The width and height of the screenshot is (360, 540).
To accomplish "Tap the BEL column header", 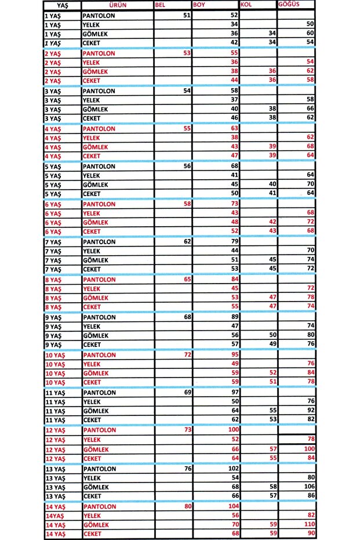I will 161,5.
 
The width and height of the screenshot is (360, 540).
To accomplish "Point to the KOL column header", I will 246,5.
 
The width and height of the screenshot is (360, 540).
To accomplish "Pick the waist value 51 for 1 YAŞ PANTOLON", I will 186,15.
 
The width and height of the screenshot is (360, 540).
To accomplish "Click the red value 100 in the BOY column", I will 233,430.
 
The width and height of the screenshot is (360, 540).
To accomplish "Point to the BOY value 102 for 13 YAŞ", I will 233,469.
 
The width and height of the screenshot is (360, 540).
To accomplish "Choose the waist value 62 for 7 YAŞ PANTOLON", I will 186,242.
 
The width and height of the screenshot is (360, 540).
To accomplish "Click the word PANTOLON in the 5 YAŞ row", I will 99,166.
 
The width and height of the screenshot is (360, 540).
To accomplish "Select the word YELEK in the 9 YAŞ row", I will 93,327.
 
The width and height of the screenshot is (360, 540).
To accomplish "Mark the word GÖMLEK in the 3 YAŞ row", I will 96,109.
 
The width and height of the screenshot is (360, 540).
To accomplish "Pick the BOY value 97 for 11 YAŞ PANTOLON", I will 235,393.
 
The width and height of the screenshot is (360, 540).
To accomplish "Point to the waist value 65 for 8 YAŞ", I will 186,280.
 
